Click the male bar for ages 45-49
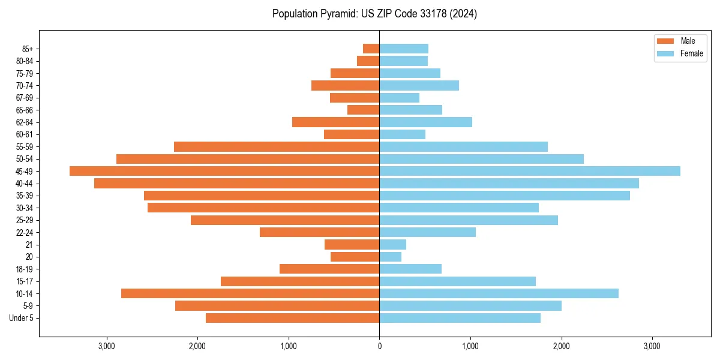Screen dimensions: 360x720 224,171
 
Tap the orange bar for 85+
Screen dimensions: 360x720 371,49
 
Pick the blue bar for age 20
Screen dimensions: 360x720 391,257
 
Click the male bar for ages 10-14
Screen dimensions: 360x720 250,293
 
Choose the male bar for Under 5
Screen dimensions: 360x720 293,318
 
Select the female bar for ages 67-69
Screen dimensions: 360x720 400,98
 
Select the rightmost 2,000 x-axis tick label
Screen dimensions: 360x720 561,346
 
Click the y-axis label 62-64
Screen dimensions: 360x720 25,122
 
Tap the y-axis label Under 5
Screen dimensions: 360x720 22,318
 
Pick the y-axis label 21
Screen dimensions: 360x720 29,245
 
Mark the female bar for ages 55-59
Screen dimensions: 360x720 463,147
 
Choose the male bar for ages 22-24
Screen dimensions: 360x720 319,232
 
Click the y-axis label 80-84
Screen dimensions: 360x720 25,61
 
